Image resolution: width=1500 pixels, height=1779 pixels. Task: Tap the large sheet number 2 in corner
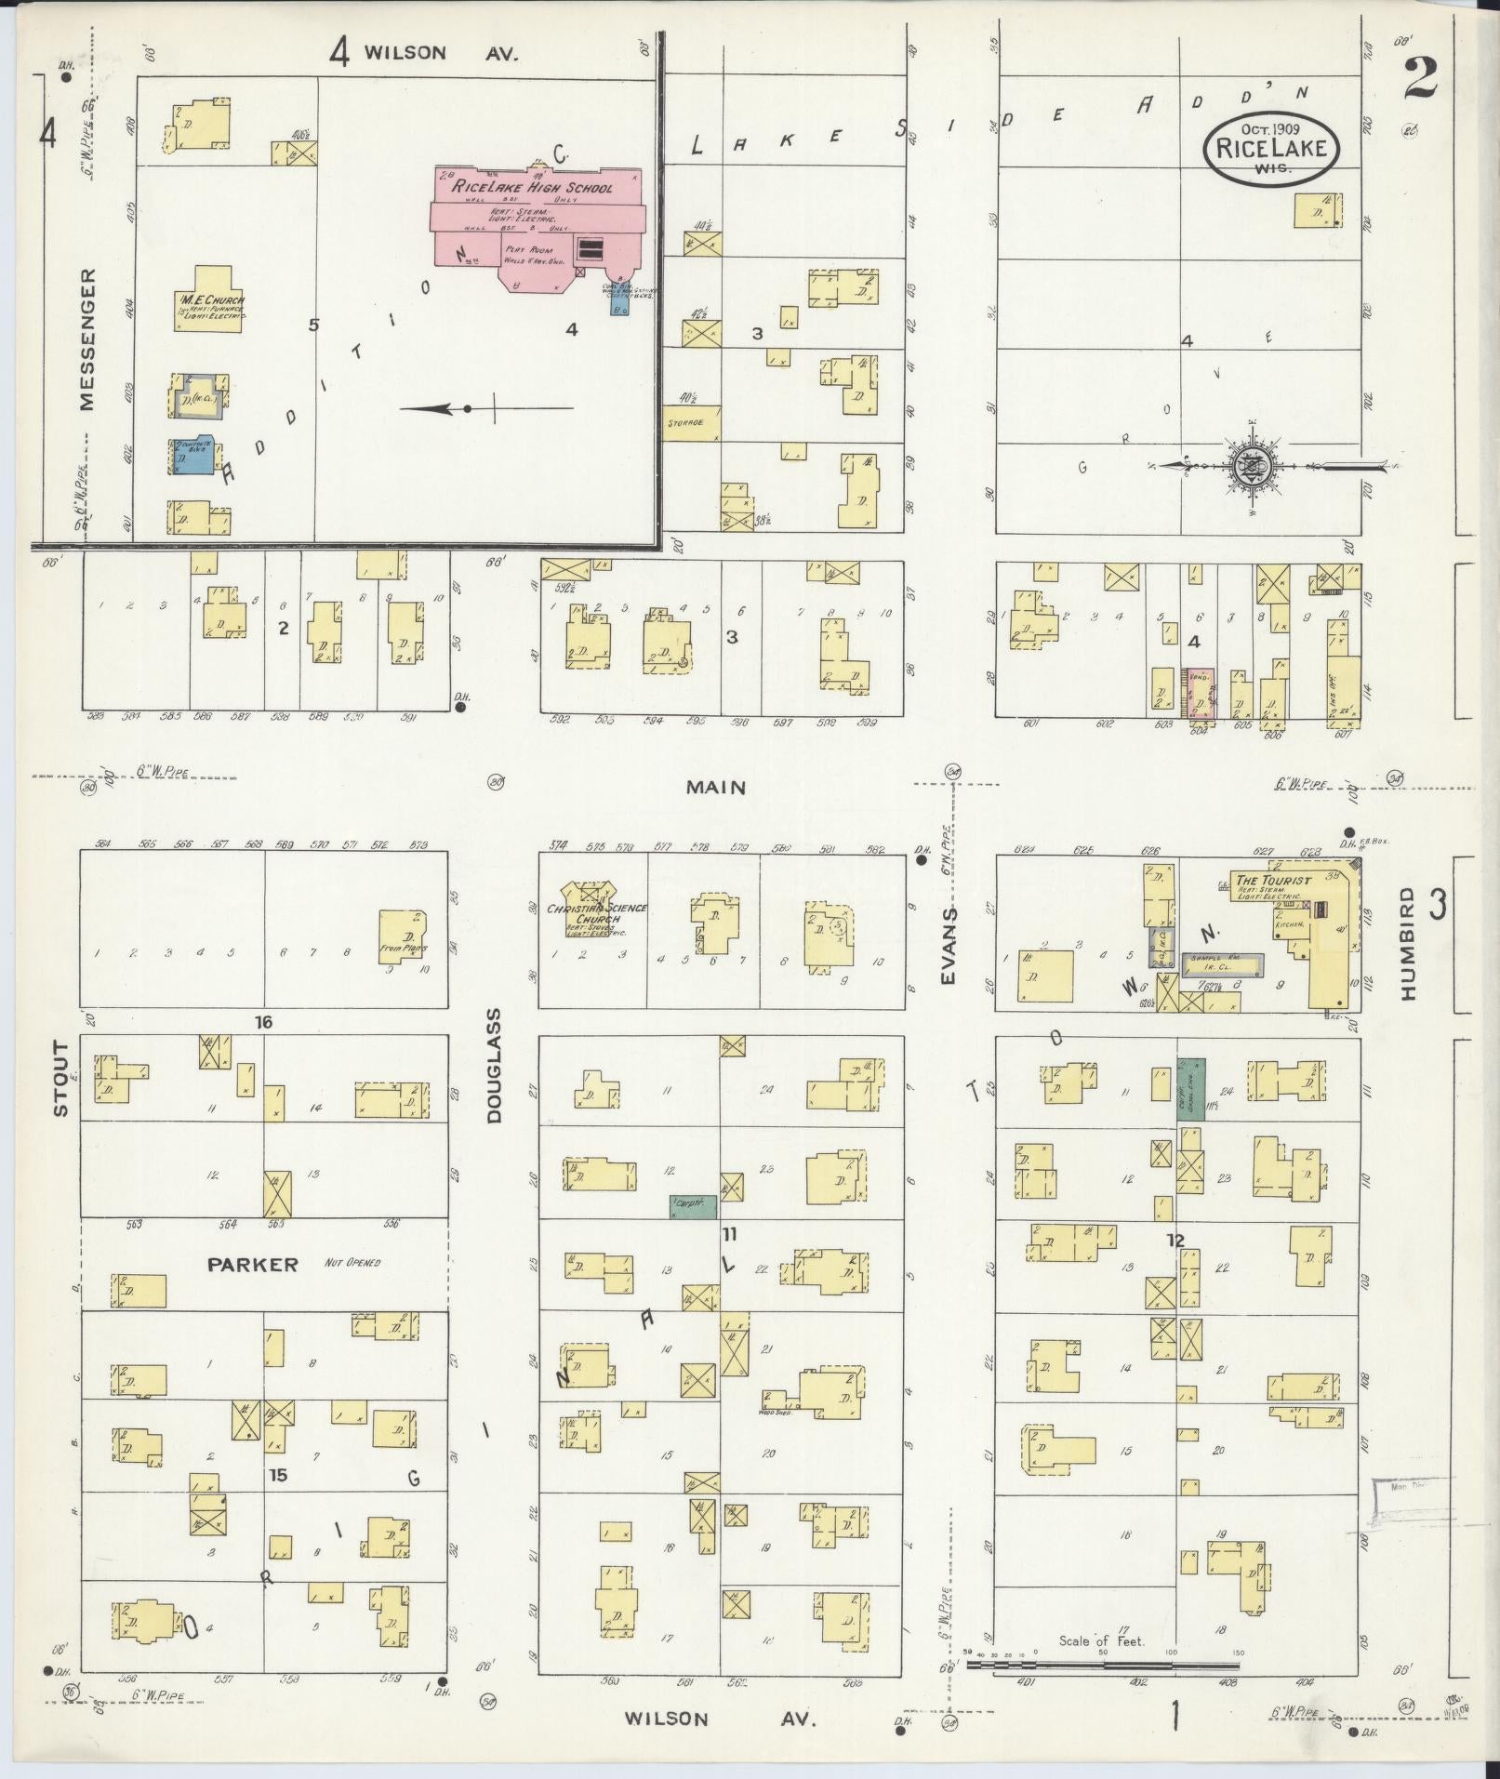[1420, 78]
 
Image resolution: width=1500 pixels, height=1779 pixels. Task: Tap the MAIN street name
[716, 788]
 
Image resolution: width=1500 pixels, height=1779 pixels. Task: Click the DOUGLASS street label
[494, 1066]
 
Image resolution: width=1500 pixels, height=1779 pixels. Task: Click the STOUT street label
[60, 1079]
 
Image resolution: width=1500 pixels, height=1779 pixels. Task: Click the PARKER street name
[253, 1265]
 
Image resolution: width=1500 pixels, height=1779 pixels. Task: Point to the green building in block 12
[1191, 1088]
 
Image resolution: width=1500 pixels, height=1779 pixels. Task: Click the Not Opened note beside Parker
[352, 1263]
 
